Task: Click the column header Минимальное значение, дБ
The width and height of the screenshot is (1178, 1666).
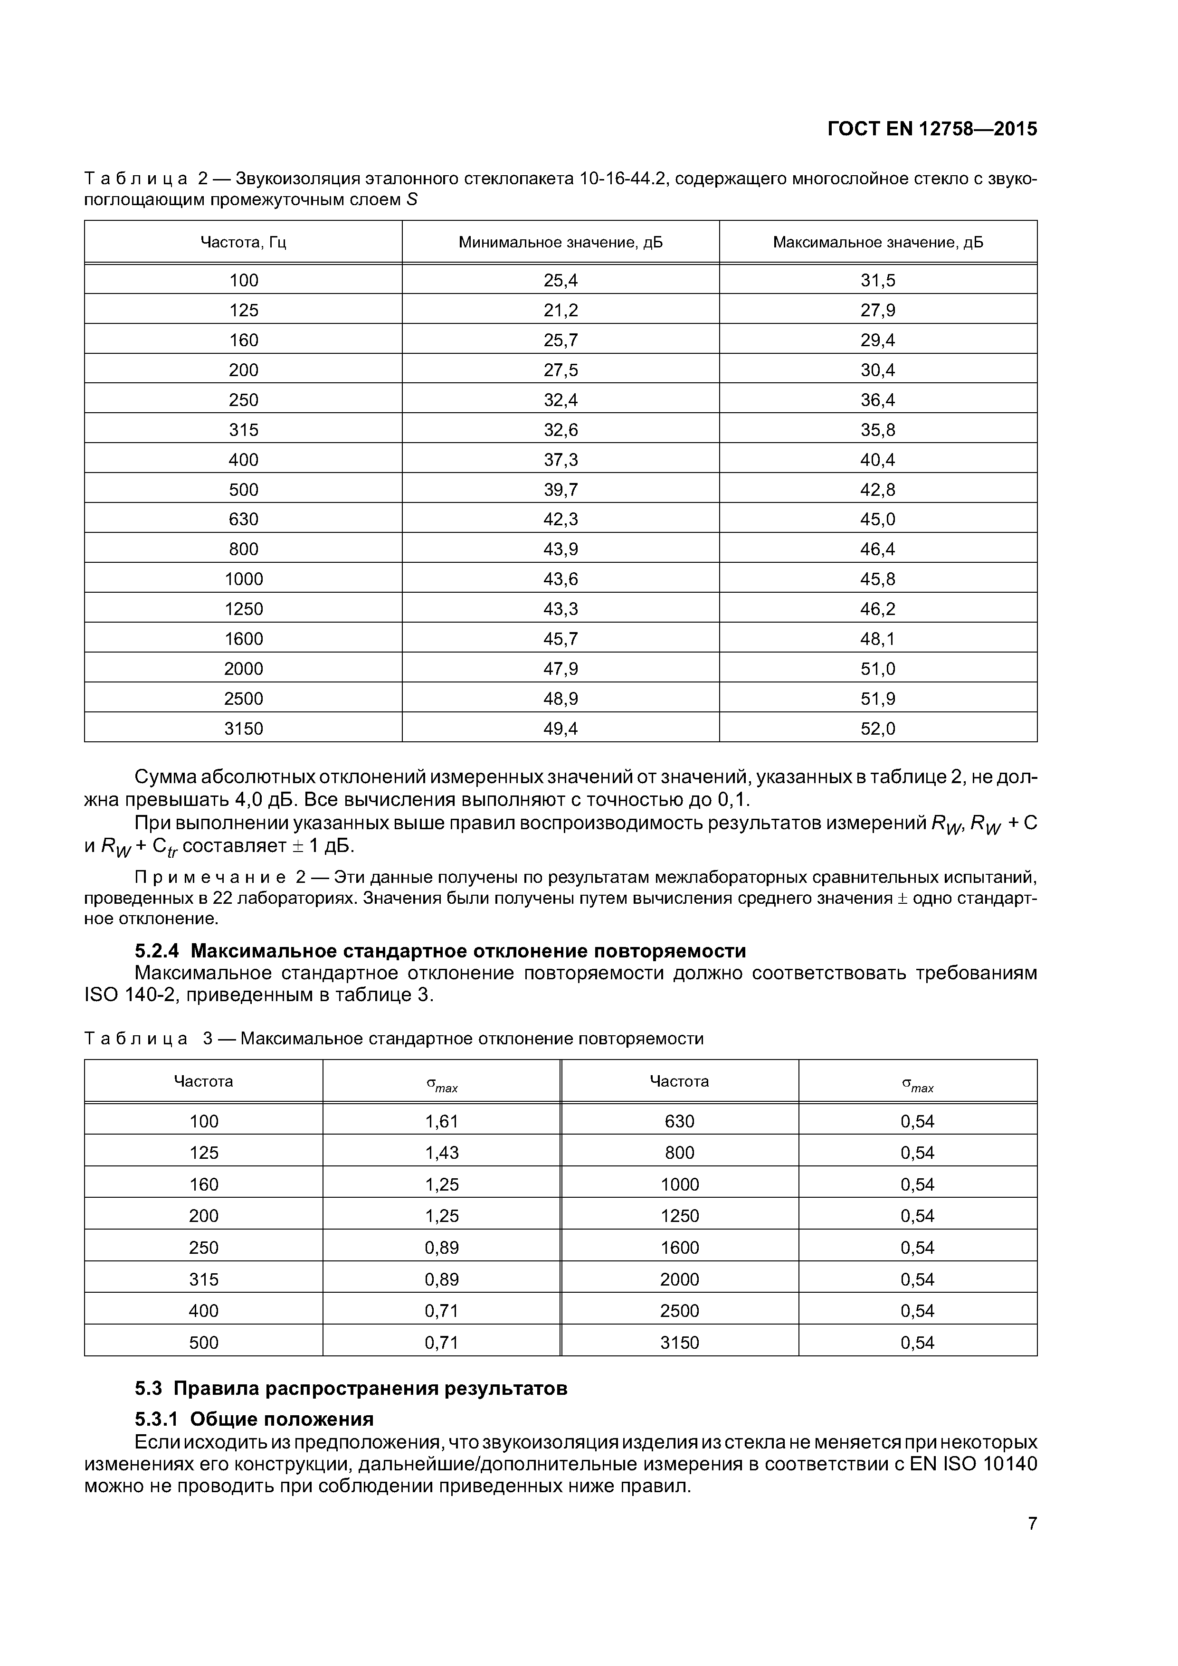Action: click(560, 242)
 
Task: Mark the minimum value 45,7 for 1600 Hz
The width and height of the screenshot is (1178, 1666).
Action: click(560, 639)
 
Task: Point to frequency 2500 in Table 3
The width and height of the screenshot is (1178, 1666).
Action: click(679, 1310)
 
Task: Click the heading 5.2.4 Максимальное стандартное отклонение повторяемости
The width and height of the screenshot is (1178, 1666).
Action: click(441, 951)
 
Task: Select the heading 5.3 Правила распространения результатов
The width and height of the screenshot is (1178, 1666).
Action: click(351, 1388)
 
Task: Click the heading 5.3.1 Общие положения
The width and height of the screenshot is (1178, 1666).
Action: click(255, 1419)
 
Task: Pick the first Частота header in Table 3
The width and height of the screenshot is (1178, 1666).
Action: click(203, 1081)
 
